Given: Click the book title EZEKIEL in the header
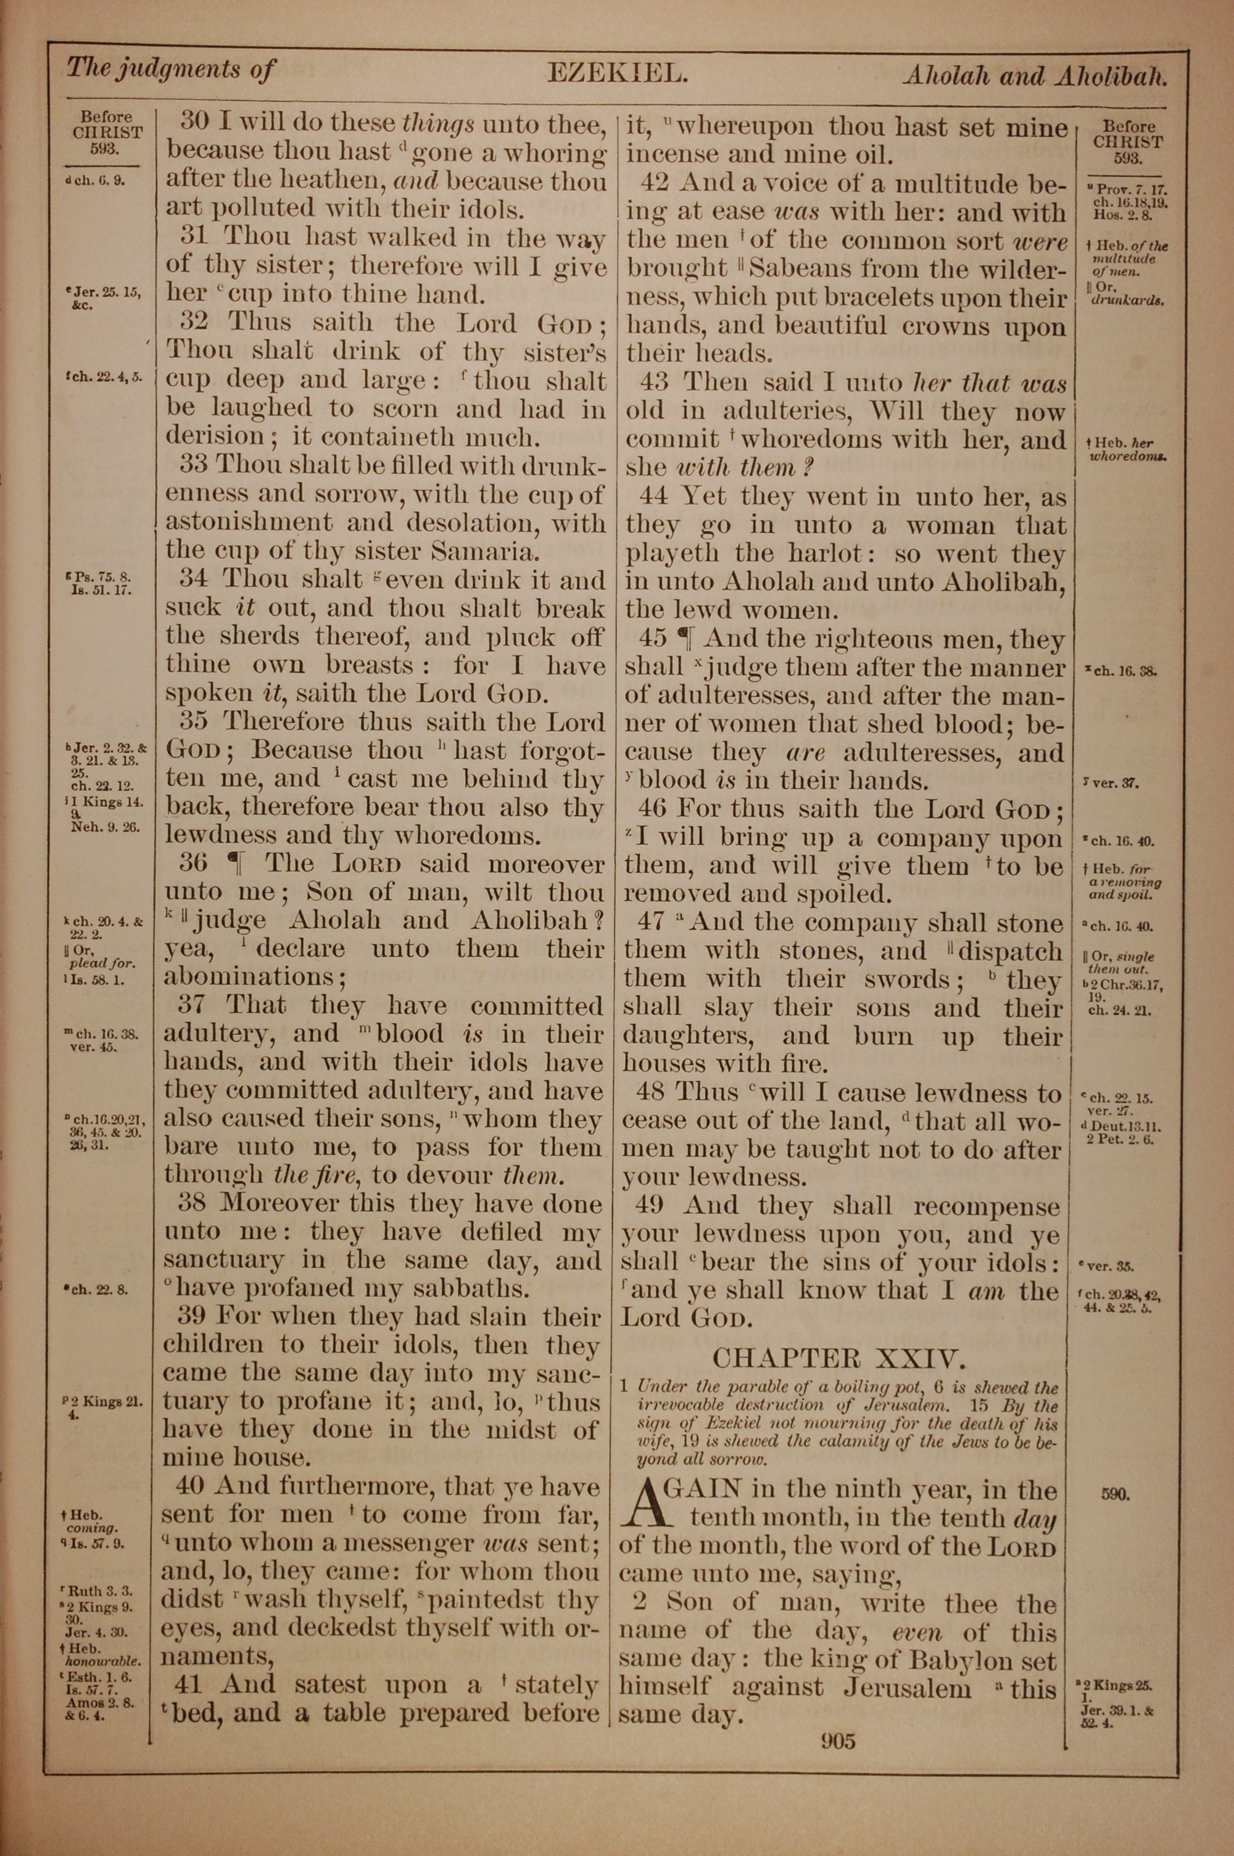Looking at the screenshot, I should pyautogui.click(x=618, y=74).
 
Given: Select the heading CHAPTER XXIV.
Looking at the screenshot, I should pyautogui.click(x=837, y=1358).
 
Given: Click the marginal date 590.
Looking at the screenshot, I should pyautogui.click(x=1116, y=1494).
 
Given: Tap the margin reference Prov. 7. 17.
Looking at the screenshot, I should pyautogui.click(x=1132, y=189).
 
